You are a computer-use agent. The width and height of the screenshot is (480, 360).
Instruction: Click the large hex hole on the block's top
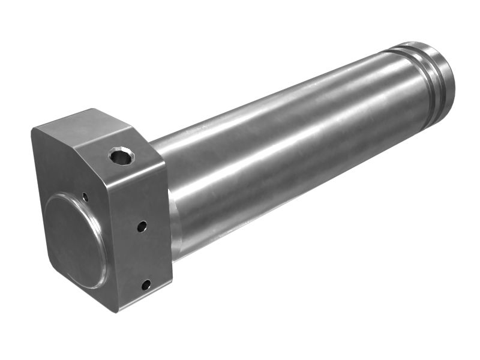click(x=121, y=157)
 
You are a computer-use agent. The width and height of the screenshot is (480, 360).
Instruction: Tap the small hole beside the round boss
click(x=85, y=196)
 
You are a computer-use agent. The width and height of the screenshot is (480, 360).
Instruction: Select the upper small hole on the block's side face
click(x=142, y=227)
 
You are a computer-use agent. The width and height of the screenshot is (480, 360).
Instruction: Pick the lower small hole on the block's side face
click(x=146, y=285)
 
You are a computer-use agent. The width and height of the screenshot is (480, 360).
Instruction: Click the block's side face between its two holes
click(x=144, y=255)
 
